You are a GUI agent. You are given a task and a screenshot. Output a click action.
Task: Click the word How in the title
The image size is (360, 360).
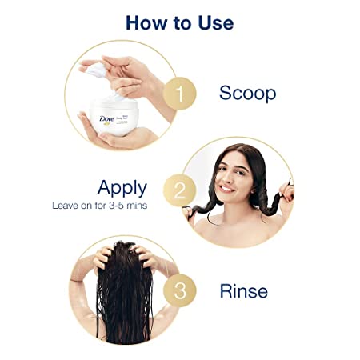coord(148,22)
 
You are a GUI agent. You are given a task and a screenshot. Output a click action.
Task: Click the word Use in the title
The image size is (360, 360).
coord(213,22)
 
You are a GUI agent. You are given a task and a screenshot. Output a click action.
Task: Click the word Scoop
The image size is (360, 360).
coord(247,94)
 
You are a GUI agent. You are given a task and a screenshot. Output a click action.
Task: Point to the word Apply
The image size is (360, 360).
coord(122,188)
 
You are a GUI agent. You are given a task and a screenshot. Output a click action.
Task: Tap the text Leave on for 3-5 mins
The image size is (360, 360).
coord(99,206)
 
